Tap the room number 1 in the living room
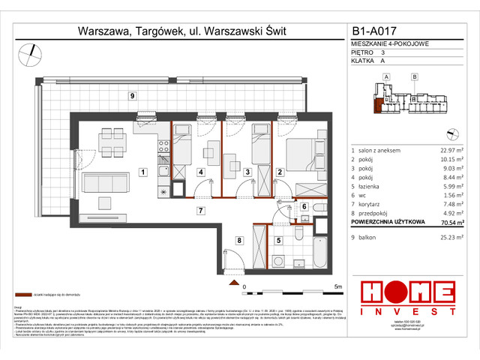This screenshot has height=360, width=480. click(x=142, y=172)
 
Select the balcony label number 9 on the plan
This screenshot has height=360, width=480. click(x=131, y=96)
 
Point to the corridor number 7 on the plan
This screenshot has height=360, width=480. click(x=199, y=211)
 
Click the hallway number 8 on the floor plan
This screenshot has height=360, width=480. click(x=238, y=240)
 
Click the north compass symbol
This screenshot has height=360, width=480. click(x=31, y=52)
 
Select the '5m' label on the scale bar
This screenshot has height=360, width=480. click(x=338, y=286)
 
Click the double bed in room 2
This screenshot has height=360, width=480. click(x=302, y=154)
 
